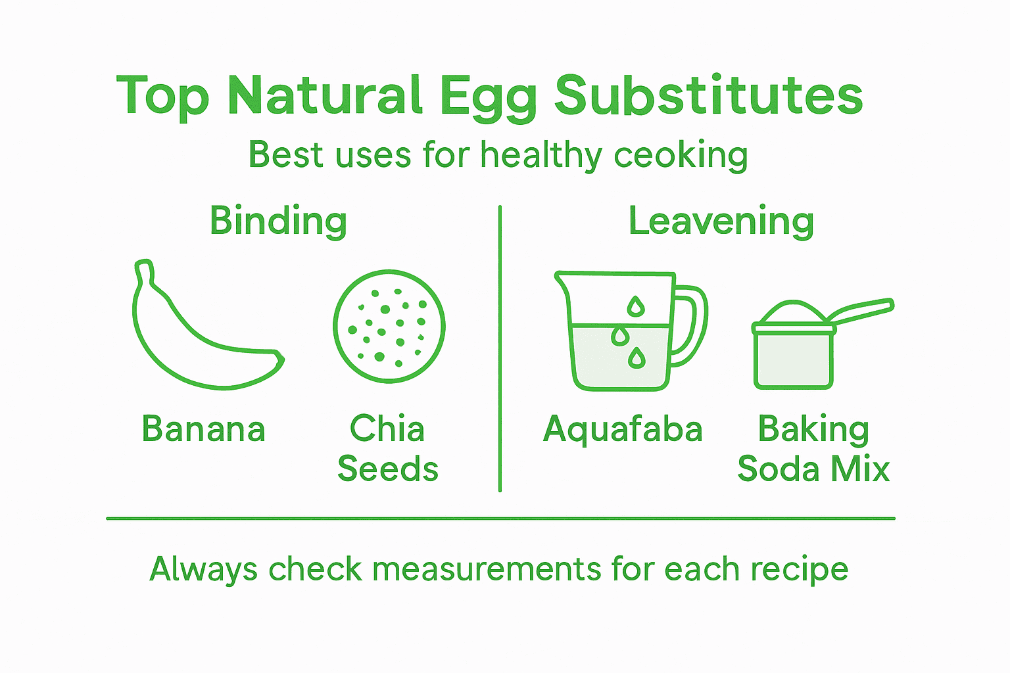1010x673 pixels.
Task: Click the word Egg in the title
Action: [488, 96]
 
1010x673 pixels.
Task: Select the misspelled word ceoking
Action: [681, 156]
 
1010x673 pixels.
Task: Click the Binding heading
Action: [278, 221]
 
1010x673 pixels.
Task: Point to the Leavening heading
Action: [721, 221]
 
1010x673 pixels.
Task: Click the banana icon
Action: [197, 335]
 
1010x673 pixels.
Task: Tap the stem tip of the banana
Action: [144, 266]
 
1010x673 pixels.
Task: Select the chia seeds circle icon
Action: [389, 326]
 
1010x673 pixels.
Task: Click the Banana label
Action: [204, 429]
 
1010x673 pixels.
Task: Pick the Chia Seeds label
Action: [388, 449]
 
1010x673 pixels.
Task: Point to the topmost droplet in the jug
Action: [635, 306]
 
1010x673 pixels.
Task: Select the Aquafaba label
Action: [623, 429]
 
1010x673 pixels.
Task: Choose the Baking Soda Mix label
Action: [813, 449]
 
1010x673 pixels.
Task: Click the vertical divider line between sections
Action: [500, 348]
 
